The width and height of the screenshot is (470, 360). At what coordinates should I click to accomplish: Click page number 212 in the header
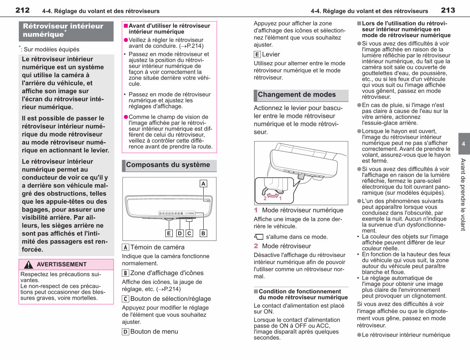point(22,10)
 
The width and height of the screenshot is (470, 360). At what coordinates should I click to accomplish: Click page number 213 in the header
point(448,10)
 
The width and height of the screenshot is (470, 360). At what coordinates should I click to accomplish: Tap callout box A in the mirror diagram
point(203,184)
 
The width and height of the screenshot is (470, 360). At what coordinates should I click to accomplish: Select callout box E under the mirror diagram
point(169,233)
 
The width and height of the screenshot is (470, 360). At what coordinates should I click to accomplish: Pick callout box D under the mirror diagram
point(180,233)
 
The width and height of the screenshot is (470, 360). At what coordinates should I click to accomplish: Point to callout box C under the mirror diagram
point(189,233)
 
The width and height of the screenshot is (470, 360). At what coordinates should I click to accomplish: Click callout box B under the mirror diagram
point(203,233)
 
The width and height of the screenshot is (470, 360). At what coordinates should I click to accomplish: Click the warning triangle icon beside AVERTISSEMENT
point(28,264)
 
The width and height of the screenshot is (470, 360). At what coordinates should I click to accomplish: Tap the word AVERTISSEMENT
point(61,264)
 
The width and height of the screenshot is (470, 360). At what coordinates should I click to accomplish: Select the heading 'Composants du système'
point(168,165)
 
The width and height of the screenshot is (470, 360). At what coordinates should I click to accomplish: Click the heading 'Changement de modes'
point(297,94)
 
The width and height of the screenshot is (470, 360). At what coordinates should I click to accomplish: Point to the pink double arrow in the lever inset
point(273,195)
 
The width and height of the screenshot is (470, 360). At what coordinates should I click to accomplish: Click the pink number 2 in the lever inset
point(265,198)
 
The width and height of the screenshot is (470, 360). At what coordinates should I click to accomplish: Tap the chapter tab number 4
point(463,144)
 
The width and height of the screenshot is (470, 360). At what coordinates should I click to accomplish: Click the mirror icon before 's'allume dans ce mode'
point(258,237)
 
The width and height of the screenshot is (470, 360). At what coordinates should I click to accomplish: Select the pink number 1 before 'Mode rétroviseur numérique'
point(256,210)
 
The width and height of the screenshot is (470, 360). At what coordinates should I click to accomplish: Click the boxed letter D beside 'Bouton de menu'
point(125,332)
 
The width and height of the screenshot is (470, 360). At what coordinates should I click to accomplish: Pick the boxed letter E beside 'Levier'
point(257,54)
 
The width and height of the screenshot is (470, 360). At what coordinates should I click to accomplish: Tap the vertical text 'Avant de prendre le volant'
point(463,195)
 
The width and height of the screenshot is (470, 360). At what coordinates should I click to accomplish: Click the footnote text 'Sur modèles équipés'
point(51,49)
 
